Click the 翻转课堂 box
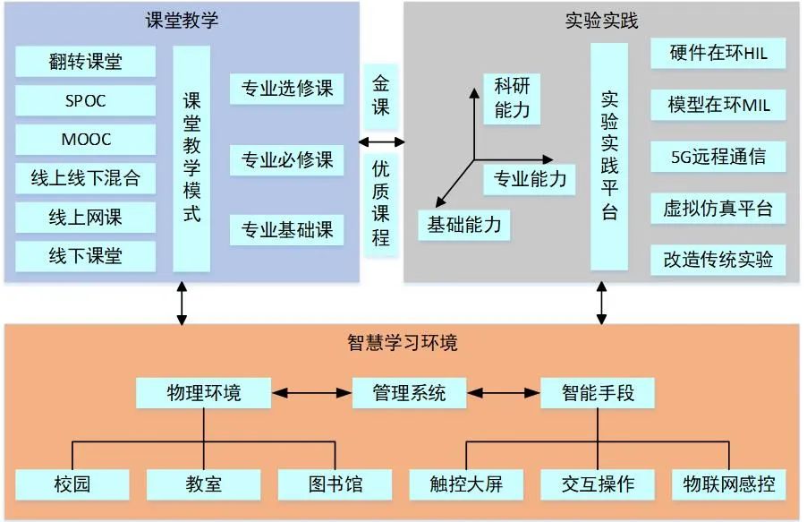click(85, 62)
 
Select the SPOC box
click(85, 101)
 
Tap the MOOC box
click(85, 140)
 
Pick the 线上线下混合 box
click(85, 178)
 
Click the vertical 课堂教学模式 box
click(191, 158)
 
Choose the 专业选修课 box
click(286, 89)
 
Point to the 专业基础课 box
click(286, 230)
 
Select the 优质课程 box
click(381, 202)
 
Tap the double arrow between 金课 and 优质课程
click(381, 141)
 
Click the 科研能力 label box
click(512, 98)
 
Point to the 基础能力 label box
click(464, 225)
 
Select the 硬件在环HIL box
click(718, 54)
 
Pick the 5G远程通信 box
click(718, 157)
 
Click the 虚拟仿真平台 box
click(718, 210)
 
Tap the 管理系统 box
click(409, 392)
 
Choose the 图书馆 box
click(336, 484)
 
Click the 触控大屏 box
click(467, 484)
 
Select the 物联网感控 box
click(728, 484)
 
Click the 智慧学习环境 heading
click(403, 342)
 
